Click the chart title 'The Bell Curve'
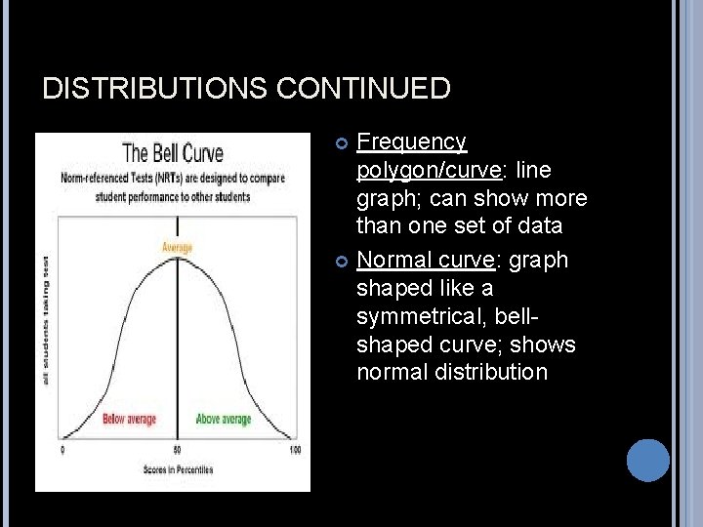(173, 153)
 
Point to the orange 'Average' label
(177, 247)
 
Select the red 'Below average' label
(130, 420)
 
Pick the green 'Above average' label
(224, 420)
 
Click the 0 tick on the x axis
(63, 450)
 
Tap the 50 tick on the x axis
(177, 450)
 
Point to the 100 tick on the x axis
(295, 450)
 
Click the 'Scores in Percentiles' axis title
(178, 469)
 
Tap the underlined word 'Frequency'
(411, 142)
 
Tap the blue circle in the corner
(647, 460)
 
